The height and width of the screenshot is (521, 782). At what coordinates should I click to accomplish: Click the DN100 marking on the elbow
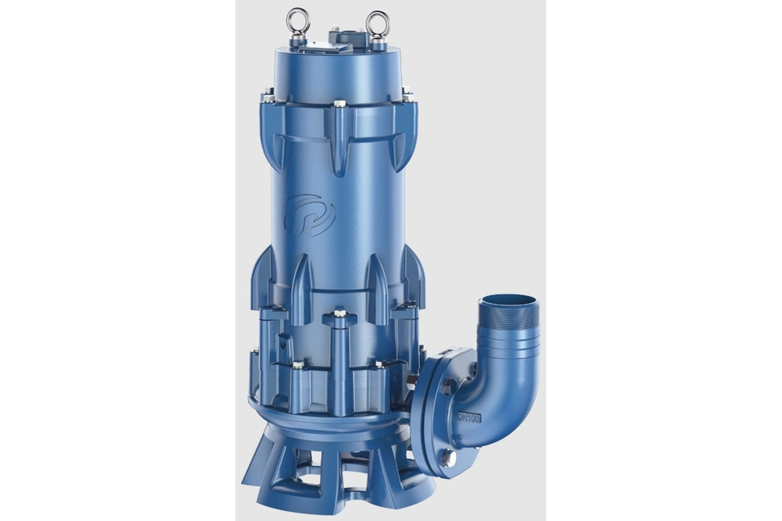coord(469,418)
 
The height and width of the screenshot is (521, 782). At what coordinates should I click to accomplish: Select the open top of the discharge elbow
coord(508,301)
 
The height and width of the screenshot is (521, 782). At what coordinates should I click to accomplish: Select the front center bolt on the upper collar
coord(339,104)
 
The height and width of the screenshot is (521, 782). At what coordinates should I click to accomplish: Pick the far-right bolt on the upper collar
coord(407,96)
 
